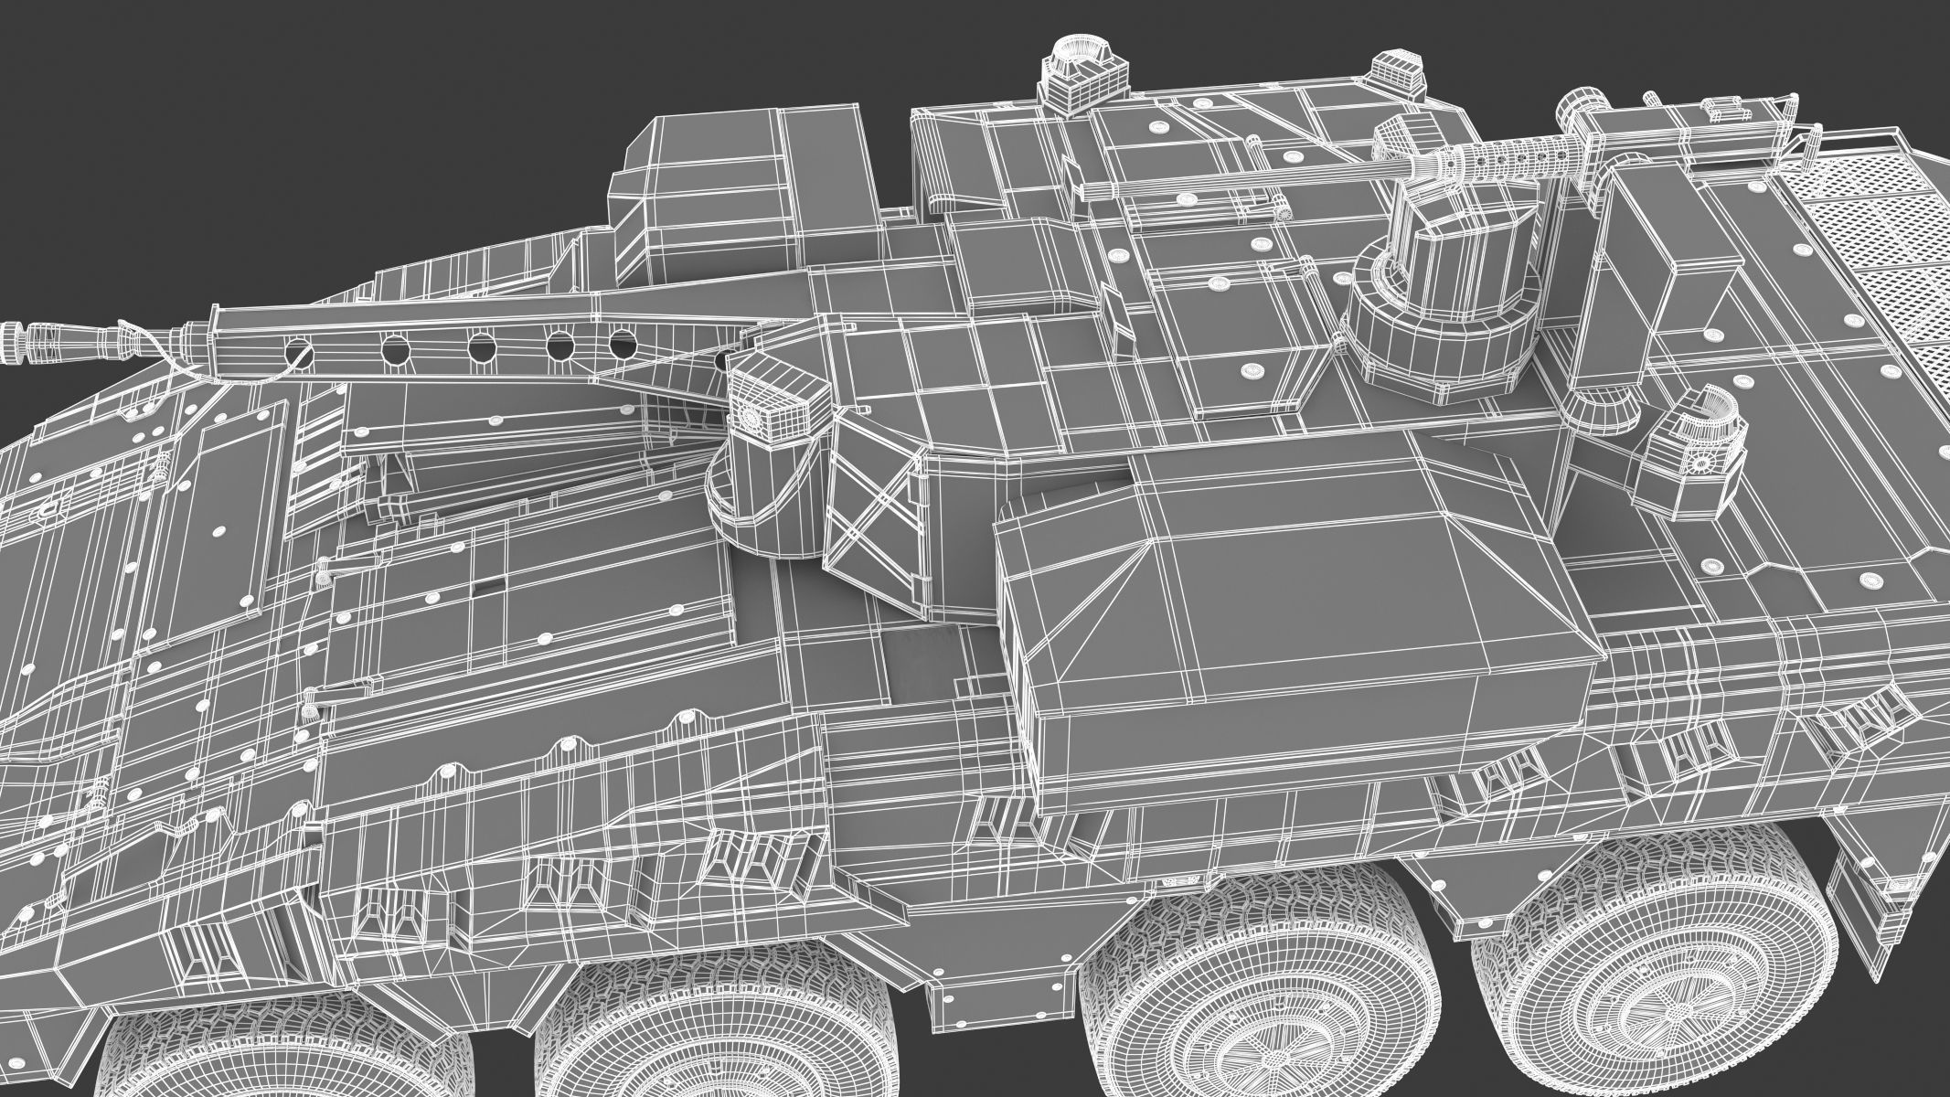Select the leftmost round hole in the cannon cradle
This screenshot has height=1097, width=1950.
point(299,348)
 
